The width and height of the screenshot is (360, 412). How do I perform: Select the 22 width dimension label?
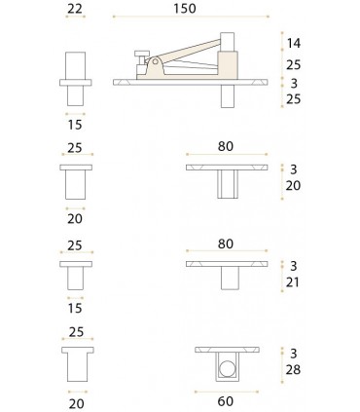coord(74,9)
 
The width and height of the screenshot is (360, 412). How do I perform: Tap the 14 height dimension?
coord(295,44)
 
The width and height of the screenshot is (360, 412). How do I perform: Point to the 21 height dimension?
coord(294,282)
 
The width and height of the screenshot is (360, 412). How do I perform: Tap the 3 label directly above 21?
coord(293,265)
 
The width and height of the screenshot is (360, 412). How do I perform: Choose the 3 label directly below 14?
coord(293,83)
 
